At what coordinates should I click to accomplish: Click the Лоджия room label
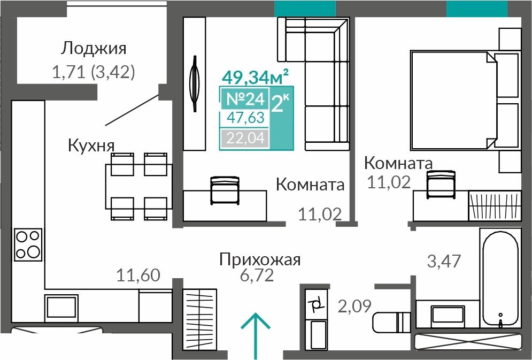click(94, 49)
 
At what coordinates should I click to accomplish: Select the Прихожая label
click(260, 260)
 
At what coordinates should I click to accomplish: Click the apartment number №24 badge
click(245, 99)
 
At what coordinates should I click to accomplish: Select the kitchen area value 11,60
click(138, 275)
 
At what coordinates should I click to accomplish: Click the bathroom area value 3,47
click(444, 261)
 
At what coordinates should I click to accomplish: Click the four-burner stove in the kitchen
click(28, 244)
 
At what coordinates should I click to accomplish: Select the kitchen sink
click(61, 307)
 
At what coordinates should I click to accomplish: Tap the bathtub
click(500, 279)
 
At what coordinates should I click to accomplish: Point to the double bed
click(465, 100)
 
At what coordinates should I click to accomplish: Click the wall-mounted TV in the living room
click(195, 83)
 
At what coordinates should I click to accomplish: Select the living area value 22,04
click(245, 138)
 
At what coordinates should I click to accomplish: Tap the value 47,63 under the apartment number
click(245, 118)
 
